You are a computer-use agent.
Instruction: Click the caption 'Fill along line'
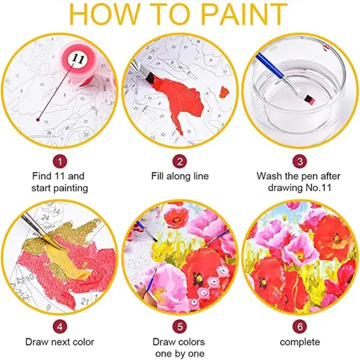tap(179, 177)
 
